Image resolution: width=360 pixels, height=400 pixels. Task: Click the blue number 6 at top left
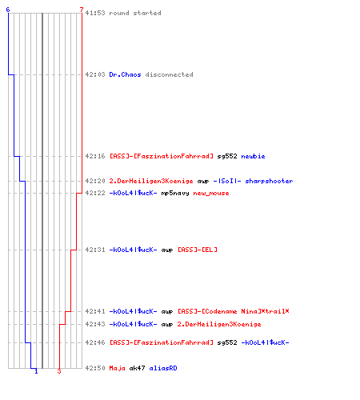coord(8,10)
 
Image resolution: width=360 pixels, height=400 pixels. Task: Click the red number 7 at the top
coord(82,10)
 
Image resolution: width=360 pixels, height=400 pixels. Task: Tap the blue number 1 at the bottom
coord(36,371)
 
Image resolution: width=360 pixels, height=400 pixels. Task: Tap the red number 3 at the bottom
coord(59,371)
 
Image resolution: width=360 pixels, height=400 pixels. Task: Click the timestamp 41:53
coord(95,13)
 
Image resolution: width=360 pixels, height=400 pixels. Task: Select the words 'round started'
coord(135,13)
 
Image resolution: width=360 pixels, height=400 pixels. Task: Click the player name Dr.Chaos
coord(125,74)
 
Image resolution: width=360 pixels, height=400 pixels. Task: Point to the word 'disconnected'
coord(170,74)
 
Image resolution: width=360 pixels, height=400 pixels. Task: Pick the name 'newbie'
coord(253,156)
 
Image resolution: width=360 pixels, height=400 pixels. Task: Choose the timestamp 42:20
coord(95,181)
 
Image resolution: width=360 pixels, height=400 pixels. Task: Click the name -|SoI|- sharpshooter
coord(253,181)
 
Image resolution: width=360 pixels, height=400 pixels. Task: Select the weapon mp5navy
coord(175,194)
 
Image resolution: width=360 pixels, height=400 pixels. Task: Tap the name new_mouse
coord(211,194)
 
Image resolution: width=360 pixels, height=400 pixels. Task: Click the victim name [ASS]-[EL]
coord(198,250)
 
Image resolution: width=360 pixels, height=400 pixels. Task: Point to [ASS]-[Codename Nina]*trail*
coord(234,311)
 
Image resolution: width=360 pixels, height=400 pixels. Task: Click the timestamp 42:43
coord(95,324)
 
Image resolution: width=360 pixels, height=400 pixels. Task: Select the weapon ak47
coord(137,368)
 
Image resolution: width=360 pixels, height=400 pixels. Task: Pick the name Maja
coord(117,369)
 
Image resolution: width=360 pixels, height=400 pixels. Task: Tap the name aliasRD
coord(163,368)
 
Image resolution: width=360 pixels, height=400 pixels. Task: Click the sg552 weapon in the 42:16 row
coord(227,157)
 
